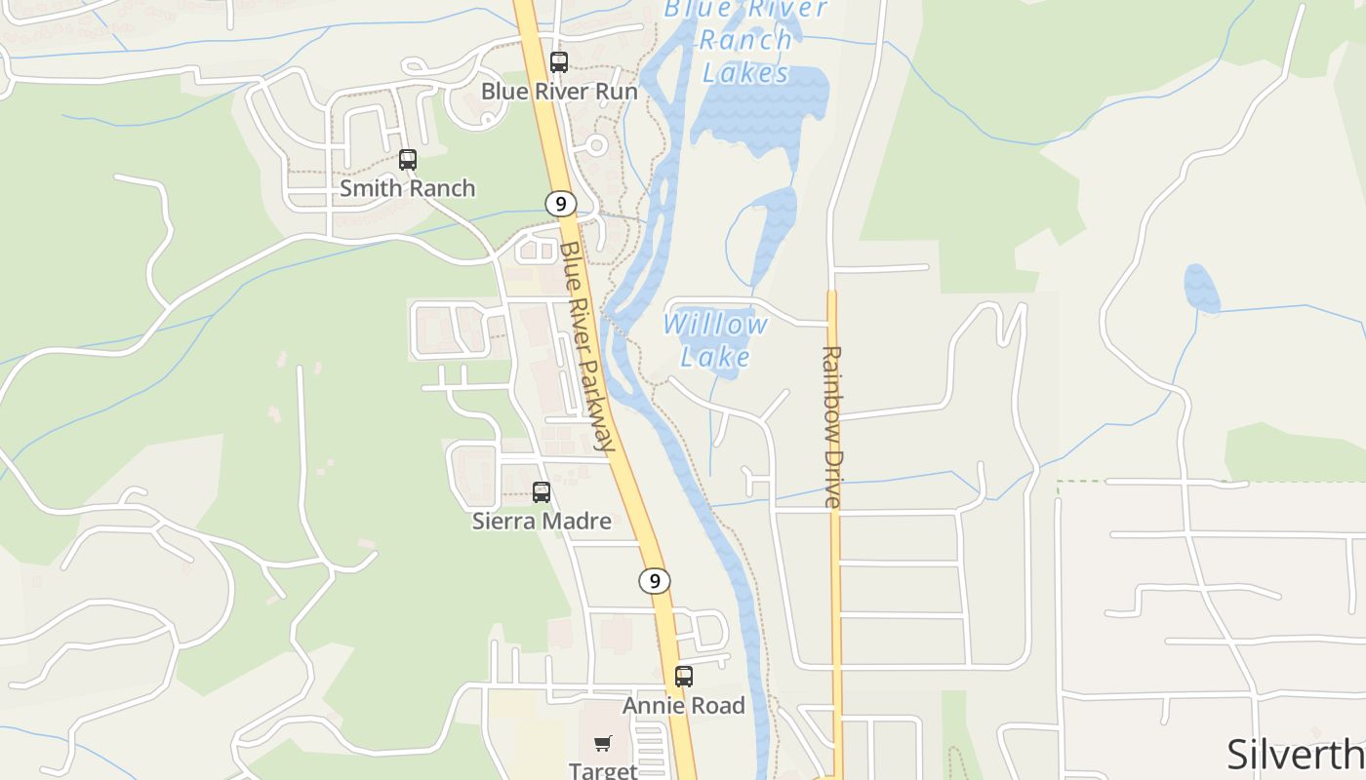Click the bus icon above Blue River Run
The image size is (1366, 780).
pos(559,62)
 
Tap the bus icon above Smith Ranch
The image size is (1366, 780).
pos(408,160)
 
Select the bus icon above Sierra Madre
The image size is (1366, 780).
pos(542,492)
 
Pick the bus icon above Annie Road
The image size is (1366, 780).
pos(684,677)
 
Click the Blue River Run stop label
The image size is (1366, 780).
pos(559,92)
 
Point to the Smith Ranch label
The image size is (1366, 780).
pos(408,188)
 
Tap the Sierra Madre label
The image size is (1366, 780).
pos(542,521)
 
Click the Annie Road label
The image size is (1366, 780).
pos(684,705)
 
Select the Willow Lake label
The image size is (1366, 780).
pos(715,340)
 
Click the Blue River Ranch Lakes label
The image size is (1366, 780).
pos(745,40)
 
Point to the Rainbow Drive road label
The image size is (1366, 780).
pos(831,426)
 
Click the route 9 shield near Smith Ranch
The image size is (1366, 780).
pos(559,204)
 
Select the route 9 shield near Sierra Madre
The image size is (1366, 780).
pos(655,581)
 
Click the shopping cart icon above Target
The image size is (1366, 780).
pos(603,744)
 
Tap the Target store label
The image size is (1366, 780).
pos(603,770)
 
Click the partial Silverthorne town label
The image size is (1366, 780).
pos(1295,755)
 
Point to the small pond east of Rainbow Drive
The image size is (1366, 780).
pos(1201,289)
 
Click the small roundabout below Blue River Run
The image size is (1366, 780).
pos(596,145)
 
